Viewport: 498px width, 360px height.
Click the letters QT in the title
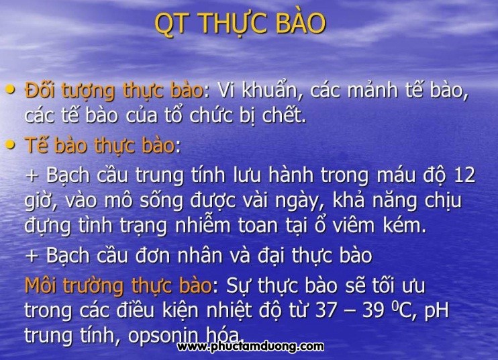[170, 24]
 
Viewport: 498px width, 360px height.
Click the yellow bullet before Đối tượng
[10, 89]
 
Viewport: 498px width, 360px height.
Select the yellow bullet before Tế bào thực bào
[10, 144]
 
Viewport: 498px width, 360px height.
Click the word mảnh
[372, 89]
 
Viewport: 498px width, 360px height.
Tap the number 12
[464, 175]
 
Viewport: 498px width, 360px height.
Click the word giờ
[41, 201]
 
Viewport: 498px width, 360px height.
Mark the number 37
[326, 310]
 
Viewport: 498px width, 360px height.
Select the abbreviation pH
[437, 311]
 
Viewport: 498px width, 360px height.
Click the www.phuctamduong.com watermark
[250, 346]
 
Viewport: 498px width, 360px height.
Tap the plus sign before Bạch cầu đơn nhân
[32, 256]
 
